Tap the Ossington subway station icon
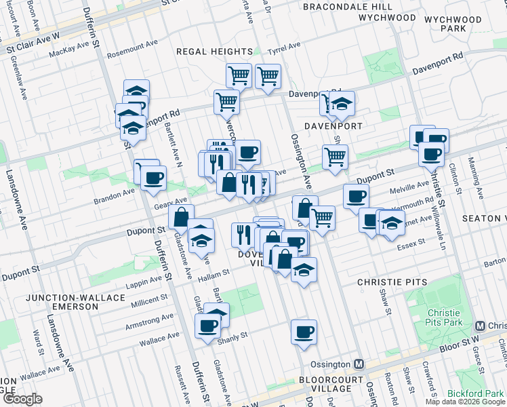click(x=359, y=364)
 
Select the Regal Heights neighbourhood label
click(x=214, y=52)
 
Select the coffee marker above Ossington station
click(x=304, y=332)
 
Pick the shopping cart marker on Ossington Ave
click(x=322, y=218)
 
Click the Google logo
click(x=22, y=399)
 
